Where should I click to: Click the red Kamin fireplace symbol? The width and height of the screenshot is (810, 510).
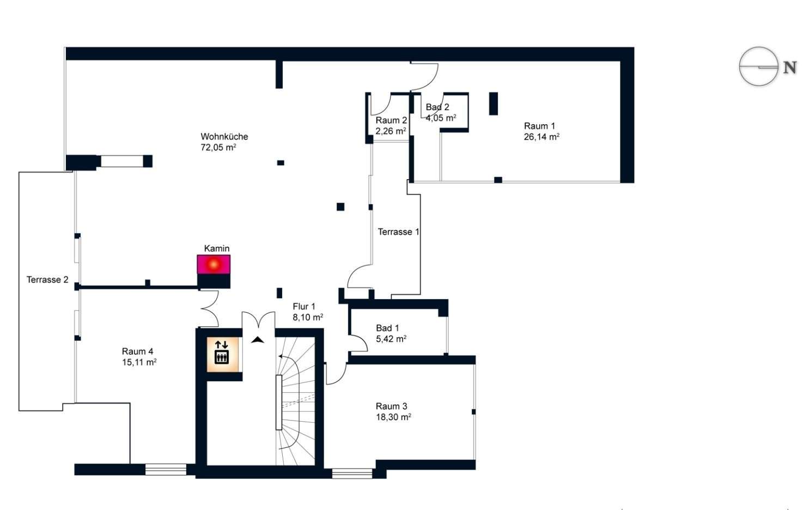pos(214,264)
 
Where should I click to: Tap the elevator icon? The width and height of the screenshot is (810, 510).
pos(222,353)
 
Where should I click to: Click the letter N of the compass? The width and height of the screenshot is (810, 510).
pos(790,68)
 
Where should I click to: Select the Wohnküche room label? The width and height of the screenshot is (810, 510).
pos(224,137)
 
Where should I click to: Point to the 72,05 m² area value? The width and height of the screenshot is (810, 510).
pos(218,148)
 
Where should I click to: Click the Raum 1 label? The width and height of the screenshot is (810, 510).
pos(539,126)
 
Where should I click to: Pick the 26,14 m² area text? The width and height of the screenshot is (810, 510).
pos(541,137)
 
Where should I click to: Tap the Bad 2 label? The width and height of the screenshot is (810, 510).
pos(437,107)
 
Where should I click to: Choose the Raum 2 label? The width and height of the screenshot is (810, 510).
pos(391,120)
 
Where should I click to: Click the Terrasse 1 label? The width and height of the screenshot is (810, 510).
pos(399,232)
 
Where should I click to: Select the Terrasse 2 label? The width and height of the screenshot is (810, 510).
pos(47,280)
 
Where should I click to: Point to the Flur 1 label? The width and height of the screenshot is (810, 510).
pos(304,307)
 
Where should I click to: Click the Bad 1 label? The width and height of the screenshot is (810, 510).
pos(387,328)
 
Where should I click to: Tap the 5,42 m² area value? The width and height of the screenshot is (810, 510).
pos(391,339)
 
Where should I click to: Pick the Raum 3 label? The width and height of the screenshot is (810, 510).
pos(392,406)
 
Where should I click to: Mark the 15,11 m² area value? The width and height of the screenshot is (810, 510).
pos(139,362)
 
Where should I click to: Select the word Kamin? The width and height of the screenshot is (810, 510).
pos(217,248)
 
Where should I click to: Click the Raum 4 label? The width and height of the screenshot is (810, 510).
pos(137,351)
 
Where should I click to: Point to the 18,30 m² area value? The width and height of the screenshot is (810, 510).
pos(393,417)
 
